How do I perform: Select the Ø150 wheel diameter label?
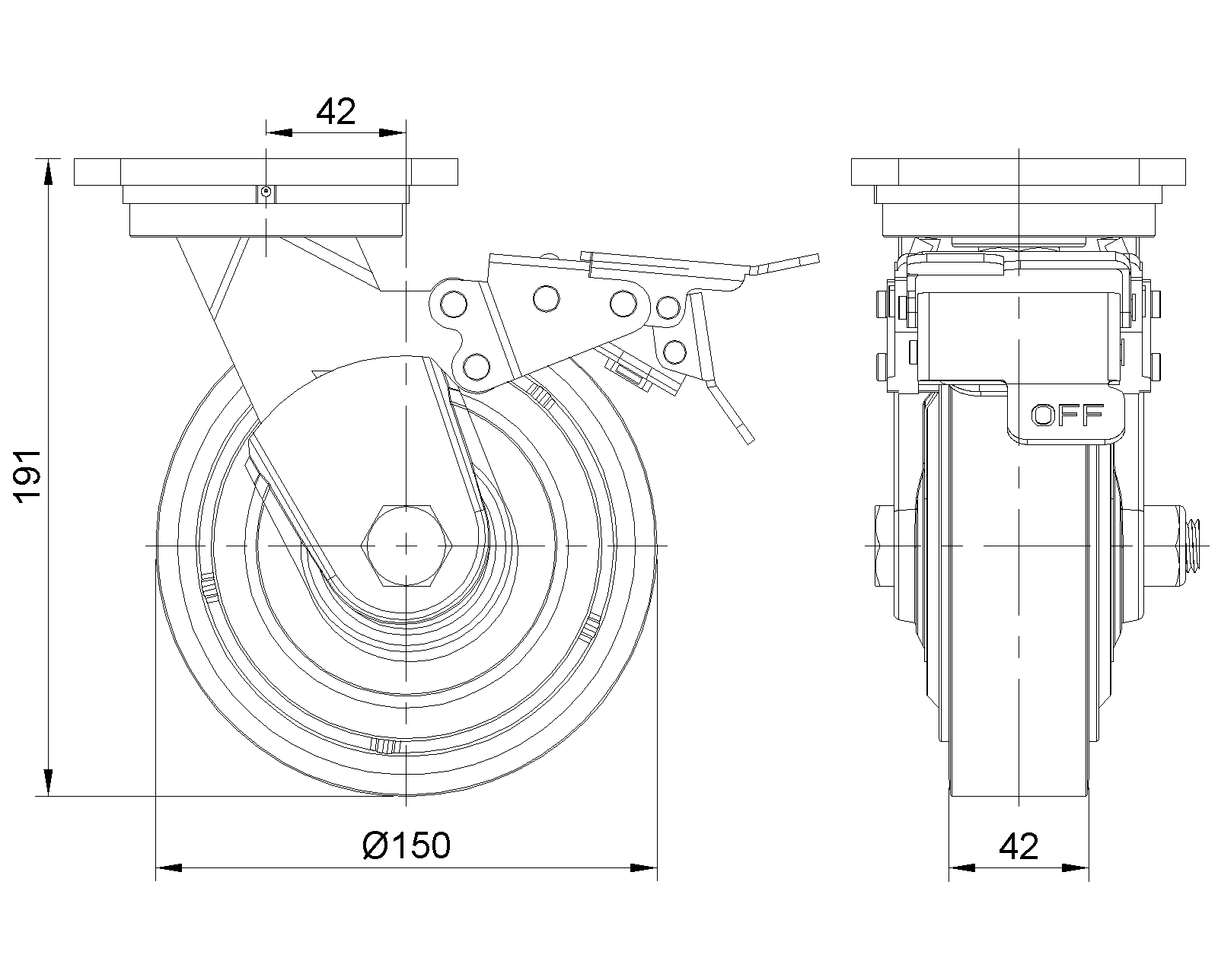pyautogui.click(x=406, y=845)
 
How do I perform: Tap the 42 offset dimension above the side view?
pyautogui.click(x=336, y=112)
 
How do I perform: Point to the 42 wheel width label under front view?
pyautogui.click(x=1019, y=847)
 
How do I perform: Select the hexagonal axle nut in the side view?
pyautogui.click(x=407, y=545)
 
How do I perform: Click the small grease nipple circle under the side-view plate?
pyautogui.click(x=266, y=193)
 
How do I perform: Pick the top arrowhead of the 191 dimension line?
pyautogui.click(x=49, y=172)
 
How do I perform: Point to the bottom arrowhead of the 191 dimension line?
pyautogui.click(x=49, y=783)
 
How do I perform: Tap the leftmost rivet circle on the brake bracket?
pyautogui.click(x=454, y=304)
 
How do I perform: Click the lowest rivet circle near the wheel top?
pyautogui.click(x=476, y=367)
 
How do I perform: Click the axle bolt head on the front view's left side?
pyautogui.click(x=885, y=546)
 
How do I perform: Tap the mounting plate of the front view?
pyautogui.click(x=1019, y=171)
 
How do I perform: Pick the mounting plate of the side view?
pyautogui.click(x=266, y=171)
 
